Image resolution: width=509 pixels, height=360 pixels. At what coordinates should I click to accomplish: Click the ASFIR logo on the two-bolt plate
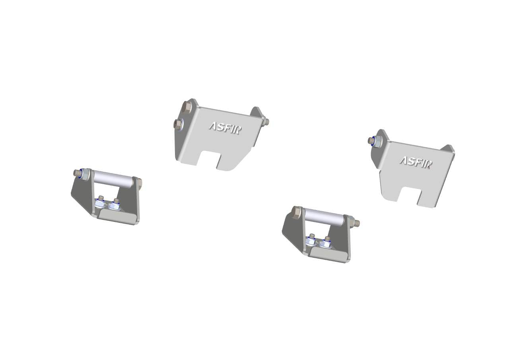click(x=225, y=128)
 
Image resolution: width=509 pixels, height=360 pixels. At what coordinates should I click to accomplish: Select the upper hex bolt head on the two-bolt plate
click(x=187, y=107)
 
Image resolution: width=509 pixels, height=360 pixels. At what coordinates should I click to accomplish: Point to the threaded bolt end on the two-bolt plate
click(x=266, y=122)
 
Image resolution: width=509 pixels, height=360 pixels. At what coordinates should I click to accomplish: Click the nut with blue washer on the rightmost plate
click(x=376, y=140)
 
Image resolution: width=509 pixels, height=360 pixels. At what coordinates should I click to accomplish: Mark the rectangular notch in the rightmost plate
click(x=408, y=195)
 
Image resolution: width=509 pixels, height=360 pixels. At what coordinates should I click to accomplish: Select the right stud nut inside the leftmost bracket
click(x=116, y=203)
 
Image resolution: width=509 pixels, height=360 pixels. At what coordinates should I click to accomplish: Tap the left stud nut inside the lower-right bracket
click(x=312, y=237)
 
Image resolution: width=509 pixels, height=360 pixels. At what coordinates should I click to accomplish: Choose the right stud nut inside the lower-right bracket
click(x=327, y=241)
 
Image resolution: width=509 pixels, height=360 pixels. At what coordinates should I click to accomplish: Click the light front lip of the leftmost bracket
click(x=118, y=217)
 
